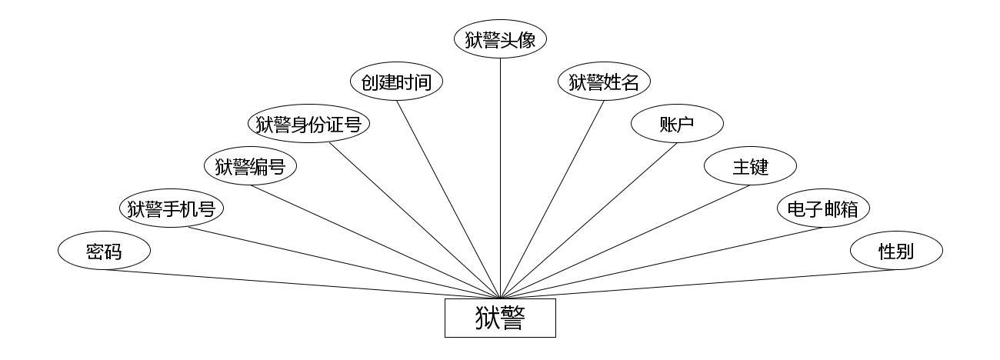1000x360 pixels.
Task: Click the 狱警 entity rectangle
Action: [500, 318]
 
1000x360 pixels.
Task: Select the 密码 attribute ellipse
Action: [104, 251]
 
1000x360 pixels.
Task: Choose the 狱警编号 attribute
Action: [251, 166]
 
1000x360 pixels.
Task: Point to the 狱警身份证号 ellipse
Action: [308, 124]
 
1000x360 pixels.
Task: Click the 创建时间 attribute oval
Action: [397, 82]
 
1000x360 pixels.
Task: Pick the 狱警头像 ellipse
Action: [500, 40]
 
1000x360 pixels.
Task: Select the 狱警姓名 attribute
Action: [604, 82]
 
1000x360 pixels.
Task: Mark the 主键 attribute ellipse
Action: [750, 166]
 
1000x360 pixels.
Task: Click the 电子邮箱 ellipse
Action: [823, 208]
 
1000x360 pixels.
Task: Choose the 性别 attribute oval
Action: [896, 251]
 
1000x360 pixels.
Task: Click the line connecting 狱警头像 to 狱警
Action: [500, 177]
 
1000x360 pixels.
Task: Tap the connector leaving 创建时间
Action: [448, 199]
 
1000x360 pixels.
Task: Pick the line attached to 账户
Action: [588, 219]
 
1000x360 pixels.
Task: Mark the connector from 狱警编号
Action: [375, 242]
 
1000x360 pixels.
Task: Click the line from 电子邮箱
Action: [662, 262]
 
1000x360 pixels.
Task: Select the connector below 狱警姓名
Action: [552, 199]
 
